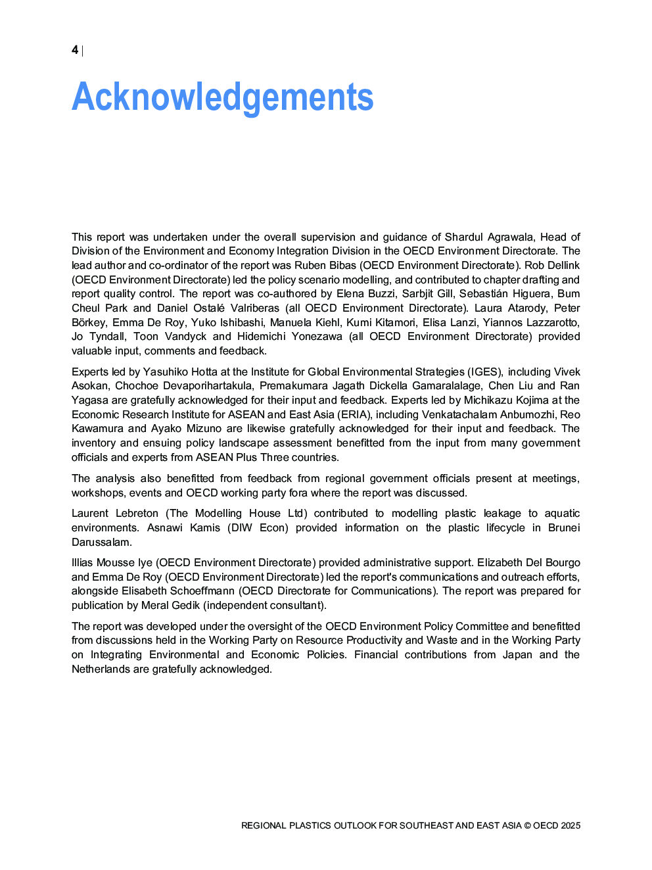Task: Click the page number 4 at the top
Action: click(75, 50)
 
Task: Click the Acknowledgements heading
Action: click(222, 97)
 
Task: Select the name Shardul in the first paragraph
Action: click(463, 237)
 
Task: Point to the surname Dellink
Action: click(563, 265)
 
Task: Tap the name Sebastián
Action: click(482, 293)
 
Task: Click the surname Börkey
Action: click(89, 322)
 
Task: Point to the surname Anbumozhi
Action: click(528, 414)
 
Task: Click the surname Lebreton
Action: click(137, 513)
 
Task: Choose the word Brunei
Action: click(564, 527)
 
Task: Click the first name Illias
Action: click(83, 562)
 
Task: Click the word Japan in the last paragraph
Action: click(517, 654)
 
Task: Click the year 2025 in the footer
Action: click(570, 825)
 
